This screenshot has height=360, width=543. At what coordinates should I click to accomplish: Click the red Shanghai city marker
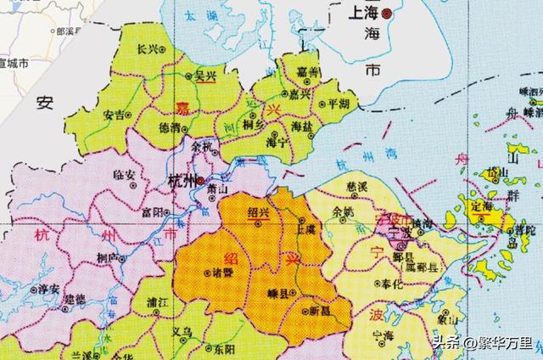tap(387, 14)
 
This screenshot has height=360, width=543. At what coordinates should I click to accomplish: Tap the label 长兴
tap(148, 49)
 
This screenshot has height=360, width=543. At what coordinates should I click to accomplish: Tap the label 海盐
tap(302, 126)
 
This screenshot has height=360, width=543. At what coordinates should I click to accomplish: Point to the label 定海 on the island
tap(482, 205)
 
